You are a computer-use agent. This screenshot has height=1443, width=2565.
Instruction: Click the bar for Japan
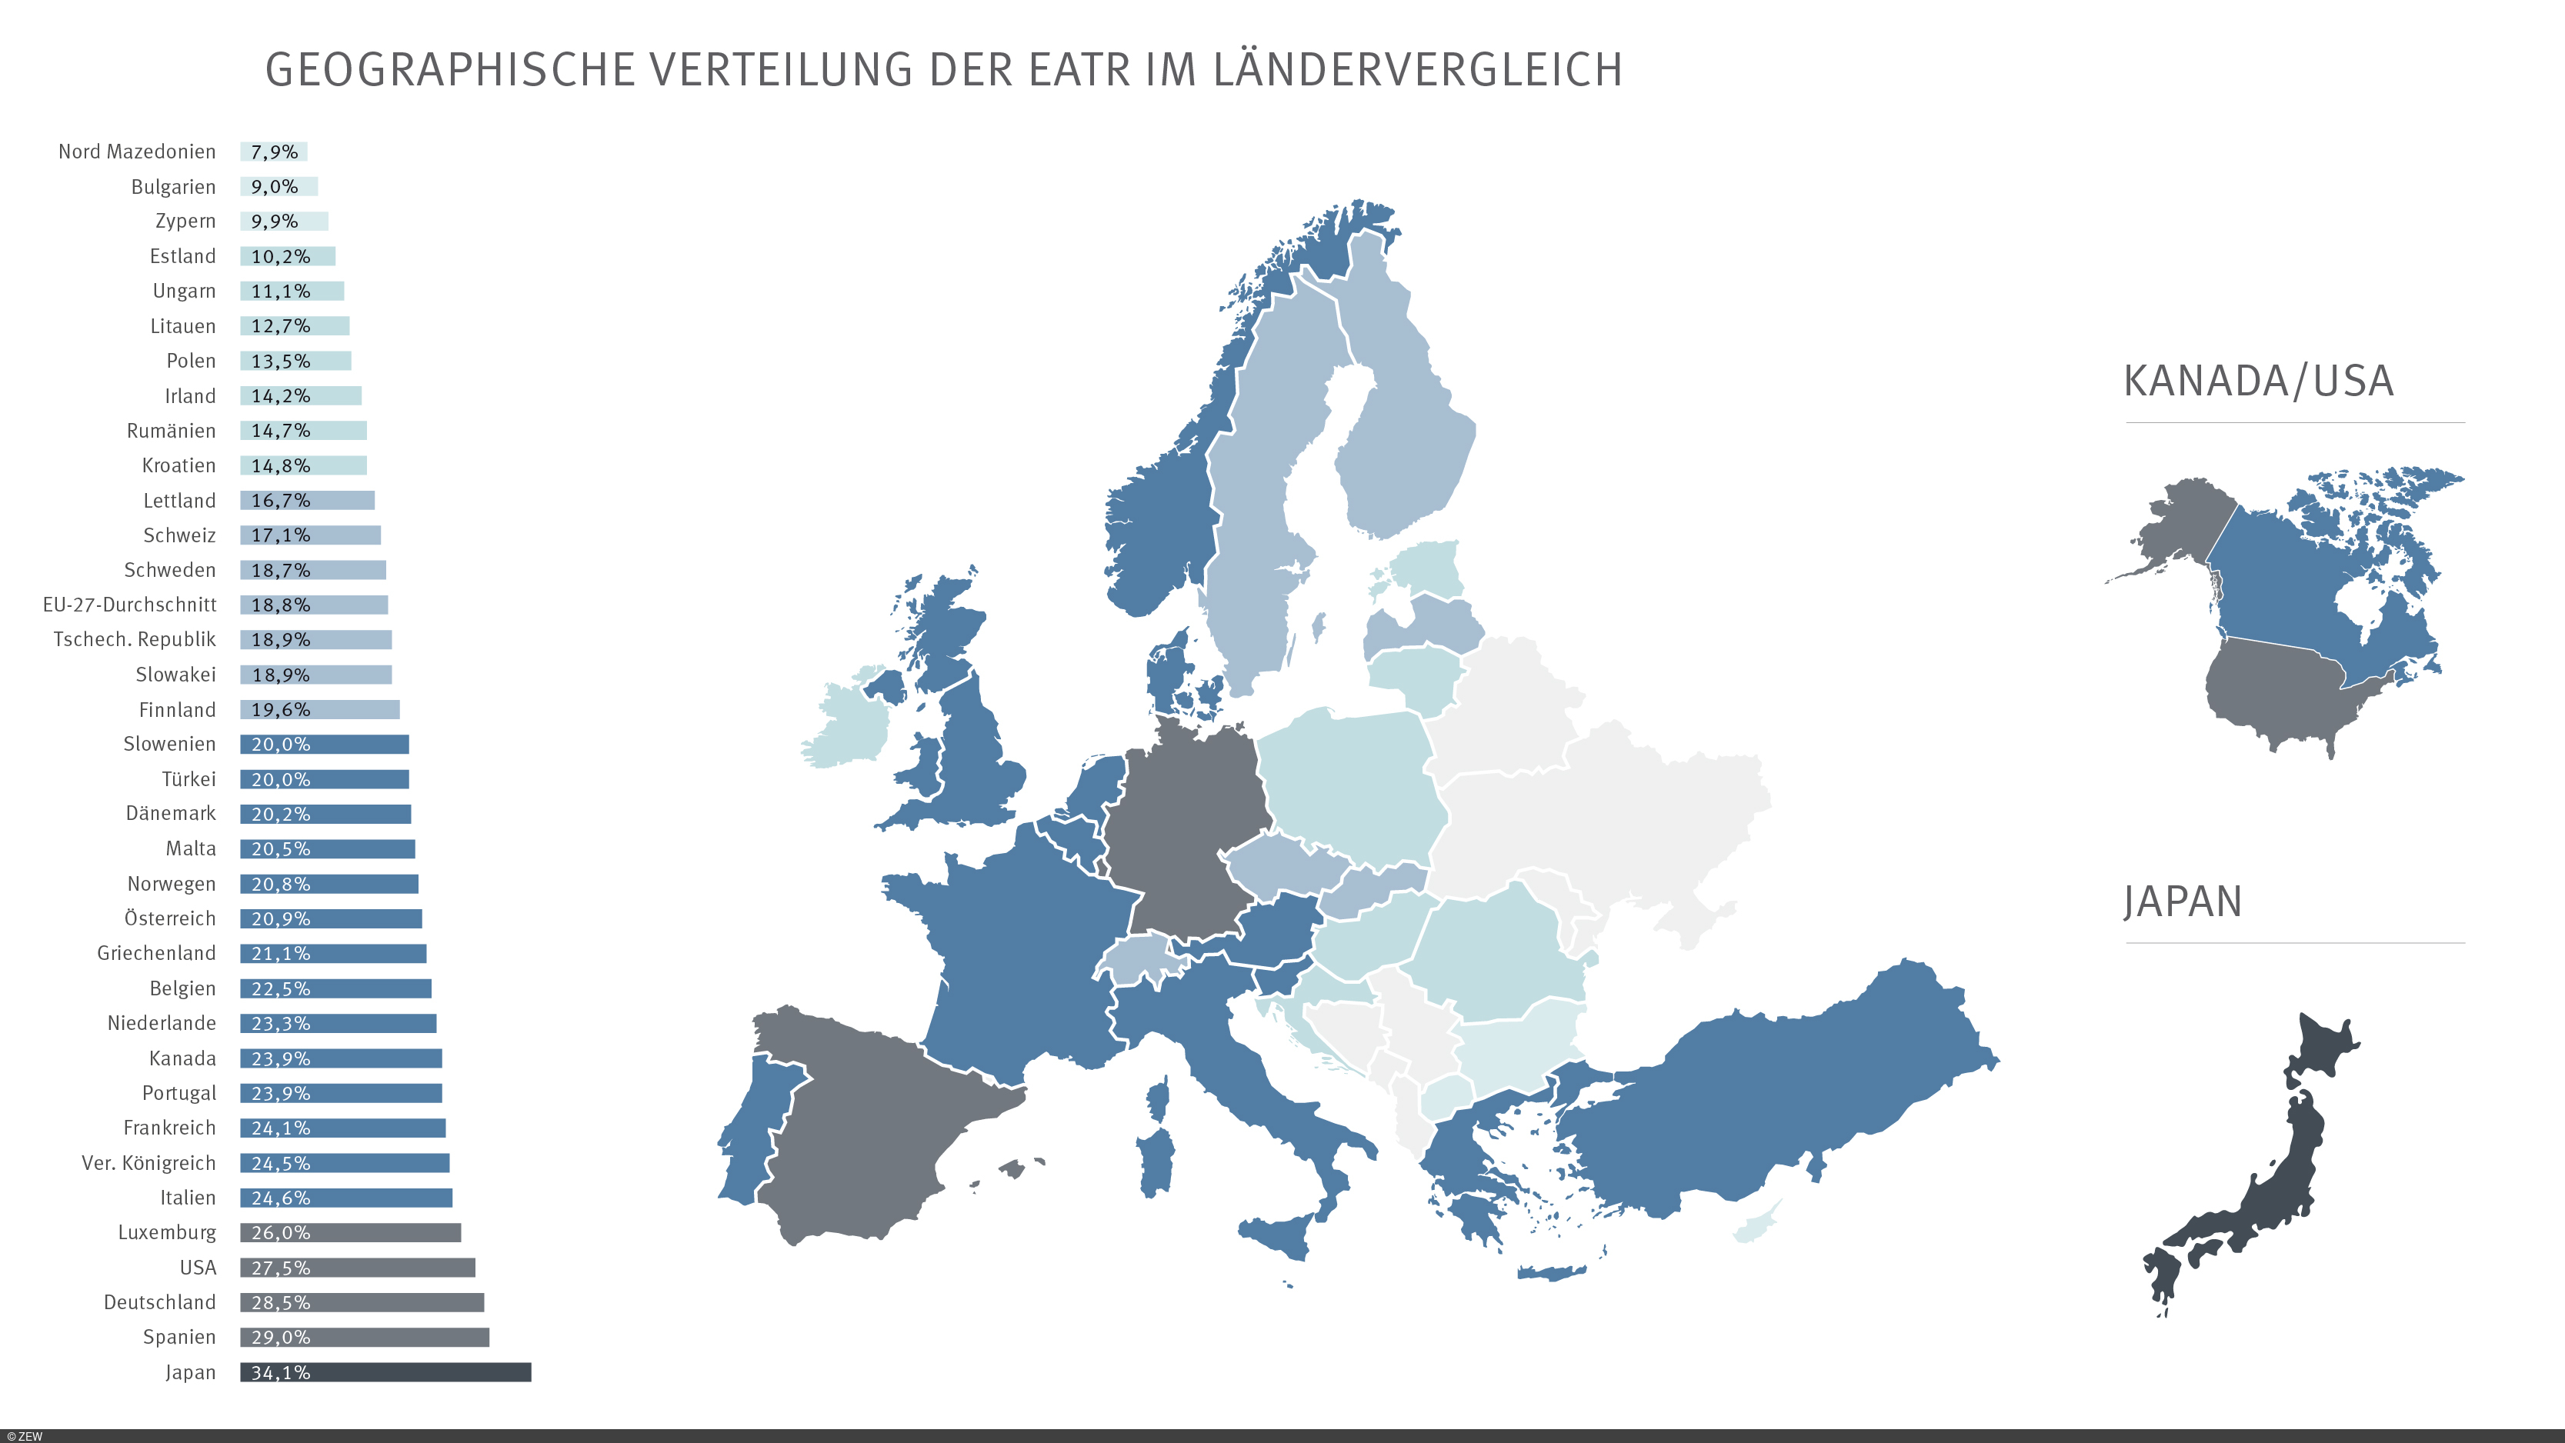(x=385, y=1372)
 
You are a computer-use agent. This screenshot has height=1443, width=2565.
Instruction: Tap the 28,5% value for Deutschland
(x=280, y=1302)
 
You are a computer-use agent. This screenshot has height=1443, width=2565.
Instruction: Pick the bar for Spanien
(x=365, y=1338)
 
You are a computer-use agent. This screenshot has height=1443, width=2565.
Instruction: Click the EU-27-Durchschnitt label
(x=129, y=605)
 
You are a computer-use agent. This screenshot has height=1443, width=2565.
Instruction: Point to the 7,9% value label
(x=274, y=152)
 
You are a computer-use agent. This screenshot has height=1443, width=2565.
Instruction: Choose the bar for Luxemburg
(x=351, y=1233)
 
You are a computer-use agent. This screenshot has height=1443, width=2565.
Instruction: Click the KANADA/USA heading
(x=2257, y=382)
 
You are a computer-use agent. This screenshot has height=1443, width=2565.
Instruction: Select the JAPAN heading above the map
(x=2182, y=902)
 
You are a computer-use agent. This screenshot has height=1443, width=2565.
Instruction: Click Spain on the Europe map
(x=876, y=1125)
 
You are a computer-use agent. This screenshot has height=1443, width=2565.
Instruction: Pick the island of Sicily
(x=1279, y=1235)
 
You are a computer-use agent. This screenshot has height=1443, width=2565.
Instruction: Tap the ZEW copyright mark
(x=25, y=1436)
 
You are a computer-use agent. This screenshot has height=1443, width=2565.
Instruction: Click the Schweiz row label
(x=179, y=535)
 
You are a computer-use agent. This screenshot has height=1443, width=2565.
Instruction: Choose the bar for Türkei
(x=325, y=778)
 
